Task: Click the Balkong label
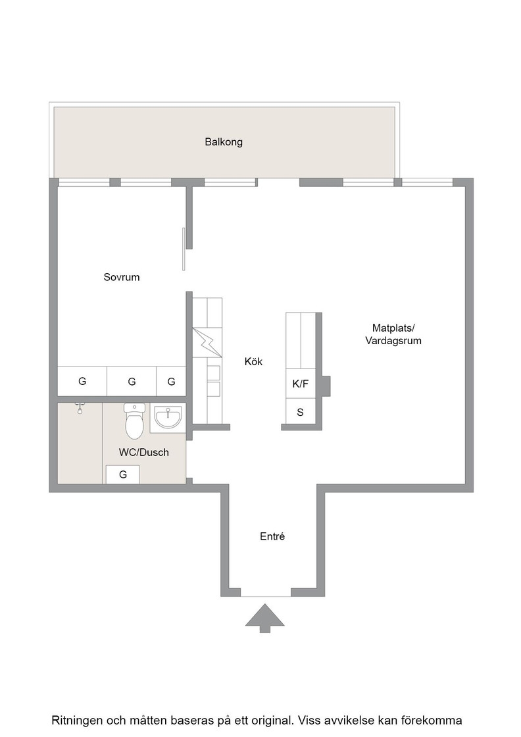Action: coord(224,142)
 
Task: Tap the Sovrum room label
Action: coord(122,277)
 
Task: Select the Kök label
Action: coord(254,361)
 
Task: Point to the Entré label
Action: coord(272,536)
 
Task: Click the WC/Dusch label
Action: coord(144,452)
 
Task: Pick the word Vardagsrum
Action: coord(393,341)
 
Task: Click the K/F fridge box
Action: coord(301,384)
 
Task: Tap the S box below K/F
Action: coord(301,412)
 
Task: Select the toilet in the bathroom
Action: coord(134,420)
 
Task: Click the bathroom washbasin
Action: coord(168,417)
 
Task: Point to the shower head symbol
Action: coord(80,408)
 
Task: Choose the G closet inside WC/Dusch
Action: coord(122,474)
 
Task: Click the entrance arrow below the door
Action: coord(265,618)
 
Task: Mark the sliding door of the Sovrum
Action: coord(184,249)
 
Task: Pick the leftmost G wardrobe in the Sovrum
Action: coord(82,381)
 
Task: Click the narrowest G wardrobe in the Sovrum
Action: coord(171,381)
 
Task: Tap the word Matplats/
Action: coord(393,328)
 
